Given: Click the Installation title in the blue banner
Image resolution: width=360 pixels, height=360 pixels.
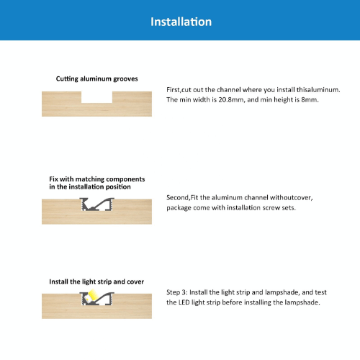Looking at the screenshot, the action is (x=181, y=22).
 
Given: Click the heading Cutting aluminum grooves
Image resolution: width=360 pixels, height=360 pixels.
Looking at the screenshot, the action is (x=96, y=79).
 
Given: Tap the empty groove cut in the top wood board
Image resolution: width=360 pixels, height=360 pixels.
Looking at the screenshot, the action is (x=96, y=97).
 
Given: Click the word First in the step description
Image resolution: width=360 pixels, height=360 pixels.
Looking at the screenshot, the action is (x=173, y=90).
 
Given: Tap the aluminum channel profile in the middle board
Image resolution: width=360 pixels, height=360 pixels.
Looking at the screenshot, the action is (x=96, y=204).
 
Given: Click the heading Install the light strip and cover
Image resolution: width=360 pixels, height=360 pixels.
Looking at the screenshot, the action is (x=96, y=282).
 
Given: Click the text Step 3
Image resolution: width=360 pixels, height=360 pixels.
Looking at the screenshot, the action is (x=177, y=292).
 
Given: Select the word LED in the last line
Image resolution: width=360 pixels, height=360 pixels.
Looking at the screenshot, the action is (x=184, y=302).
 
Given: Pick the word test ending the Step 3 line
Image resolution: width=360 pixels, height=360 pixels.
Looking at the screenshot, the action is (x=320, y=292).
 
